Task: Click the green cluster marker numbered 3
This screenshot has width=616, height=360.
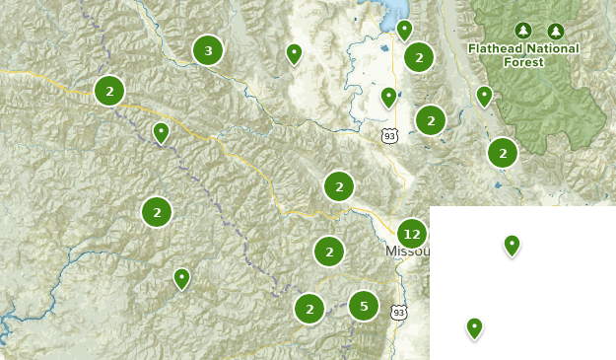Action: pos(207,50)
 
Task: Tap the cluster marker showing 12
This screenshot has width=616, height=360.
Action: pos(412,235)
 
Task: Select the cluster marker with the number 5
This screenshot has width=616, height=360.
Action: pos(364,306)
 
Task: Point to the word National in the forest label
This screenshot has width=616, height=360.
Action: pos(545,47)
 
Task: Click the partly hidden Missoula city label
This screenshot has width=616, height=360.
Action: pos(405,252)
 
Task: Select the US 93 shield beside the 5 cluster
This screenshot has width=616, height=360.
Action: pos(398,313)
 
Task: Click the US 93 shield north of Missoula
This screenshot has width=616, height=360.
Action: pos(389,136)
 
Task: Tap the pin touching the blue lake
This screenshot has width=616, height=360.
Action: pos(404,30)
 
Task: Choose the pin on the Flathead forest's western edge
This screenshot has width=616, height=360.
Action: pos(484,96)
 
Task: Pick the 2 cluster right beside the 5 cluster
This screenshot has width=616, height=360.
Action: pos(309,308)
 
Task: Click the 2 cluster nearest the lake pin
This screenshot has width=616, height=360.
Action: pos(419,57)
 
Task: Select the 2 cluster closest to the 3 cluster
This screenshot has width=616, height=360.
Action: pos(109,91)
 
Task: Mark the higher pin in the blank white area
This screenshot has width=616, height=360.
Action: pos(512,245)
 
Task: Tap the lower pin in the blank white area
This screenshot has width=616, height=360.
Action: pos(474,327)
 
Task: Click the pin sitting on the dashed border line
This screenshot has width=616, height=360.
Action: pos(161,132)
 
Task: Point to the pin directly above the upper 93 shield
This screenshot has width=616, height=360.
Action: pos(389,97)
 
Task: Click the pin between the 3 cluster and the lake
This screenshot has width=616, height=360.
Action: pos(293,53)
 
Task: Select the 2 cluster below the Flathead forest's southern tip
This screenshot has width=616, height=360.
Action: pos(503,153)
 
